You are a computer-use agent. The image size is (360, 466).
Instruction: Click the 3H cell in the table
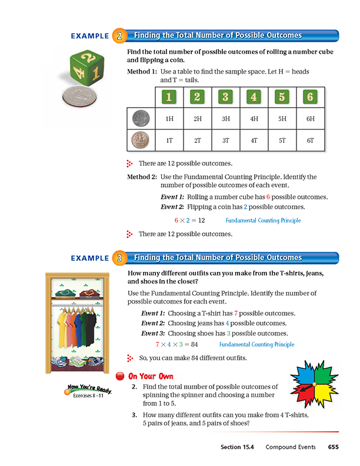point(225,119)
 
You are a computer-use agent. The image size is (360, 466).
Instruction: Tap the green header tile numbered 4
point(254,97)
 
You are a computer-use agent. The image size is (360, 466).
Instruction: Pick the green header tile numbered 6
point(309,97)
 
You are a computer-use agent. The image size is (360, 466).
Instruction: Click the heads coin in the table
point(141,118)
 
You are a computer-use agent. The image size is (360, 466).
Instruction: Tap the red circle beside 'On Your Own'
point(120,377)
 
